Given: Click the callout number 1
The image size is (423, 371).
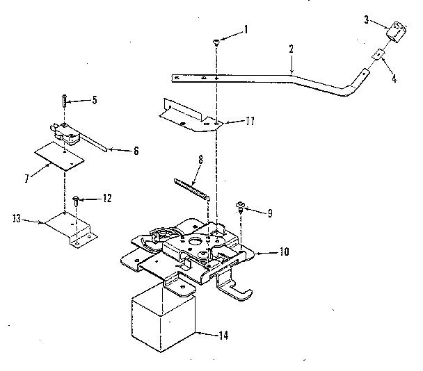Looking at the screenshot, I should (245, 29).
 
